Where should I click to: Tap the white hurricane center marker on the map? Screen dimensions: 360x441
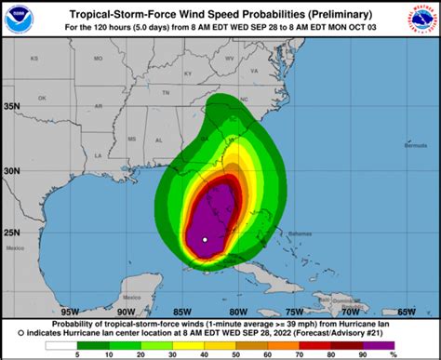click(204, 240)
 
